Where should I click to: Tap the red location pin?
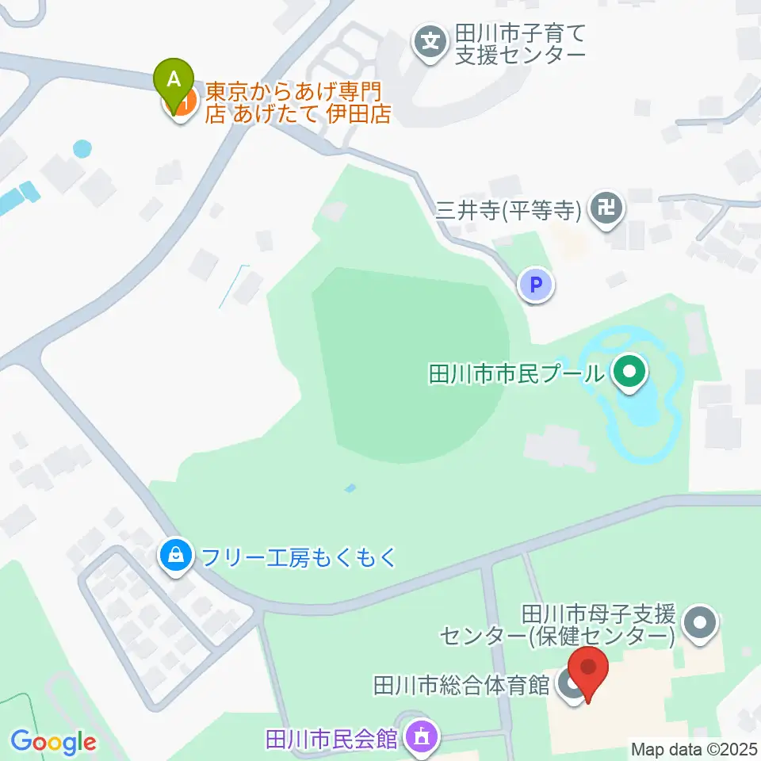pos(588,670)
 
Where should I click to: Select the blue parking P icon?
pos(537,286)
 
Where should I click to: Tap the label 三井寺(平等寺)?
pos(509,210)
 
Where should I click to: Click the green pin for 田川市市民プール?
pos(629,372)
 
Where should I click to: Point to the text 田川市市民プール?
pos(514,373)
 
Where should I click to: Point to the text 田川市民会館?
pos(331,739)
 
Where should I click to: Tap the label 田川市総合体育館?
pos(461,684)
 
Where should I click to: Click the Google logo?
pos(53,743)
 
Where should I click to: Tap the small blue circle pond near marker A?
pos(82,148)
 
